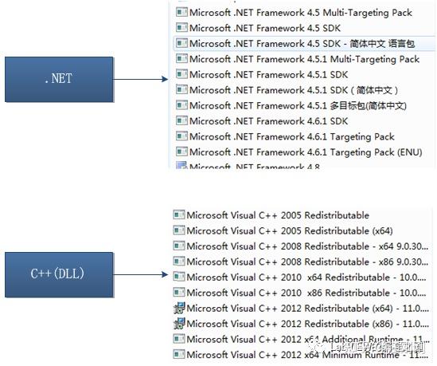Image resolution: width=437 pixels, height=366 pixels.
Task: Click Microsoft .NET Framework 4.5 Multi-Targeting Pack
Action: tap(300, 13)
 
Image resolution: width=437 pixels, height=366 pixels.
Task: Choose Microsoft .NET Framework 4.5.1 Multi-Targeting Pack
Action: tap(303, 59)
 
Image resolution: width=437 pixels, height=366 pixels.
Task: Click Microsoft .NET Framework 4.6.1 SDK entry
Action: tap(268, 121)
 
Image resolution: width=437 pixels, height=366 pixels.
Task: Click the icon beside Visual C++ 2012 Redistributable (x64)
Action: tap(179, 308)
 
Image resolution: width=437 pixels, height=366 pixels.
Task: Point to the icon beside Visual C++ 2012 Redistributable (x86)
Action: tap(179, 323)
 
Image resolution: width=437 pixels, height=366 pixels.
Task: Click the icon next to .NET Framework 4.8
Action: tap(181, 166)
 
